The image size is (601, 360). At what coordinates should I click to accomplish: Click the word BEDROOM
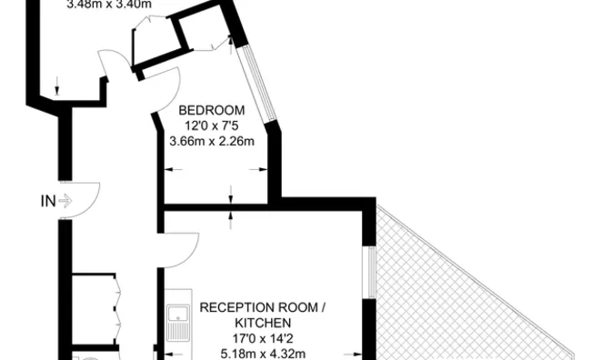pos(211,110)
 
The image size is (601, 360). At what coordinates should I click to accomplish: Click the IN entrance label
pos(47,201)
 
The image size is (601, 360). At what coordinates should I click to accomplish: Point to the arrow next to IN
pos(65,201)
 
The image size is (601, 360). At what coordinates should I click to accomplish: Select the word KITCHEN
pos(263,323)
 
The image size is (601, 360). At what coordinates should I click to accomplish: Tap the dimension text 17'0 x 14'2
pos(263,338)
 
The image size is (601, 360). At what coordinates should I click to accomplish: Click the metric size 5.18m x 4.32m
pos(263,353)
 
